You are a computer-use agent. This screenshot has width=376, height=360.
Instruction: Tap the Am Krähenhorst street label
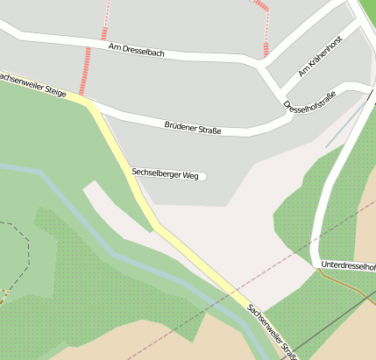point(319,56)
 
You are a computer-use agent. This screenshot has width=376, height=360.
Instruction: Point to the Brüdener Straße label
point(192,129)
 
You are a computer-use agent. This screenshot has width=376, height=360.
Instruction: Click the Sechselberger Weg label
point(165,175)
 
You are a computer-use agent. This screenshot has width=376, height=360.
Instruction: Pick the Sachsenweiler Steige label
point(32,84)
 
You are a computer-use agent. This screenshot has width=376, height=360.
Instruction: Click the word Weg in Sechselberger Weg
point(190,176)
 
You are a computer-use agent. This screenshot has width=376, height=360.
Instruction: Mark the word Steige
point(53,90)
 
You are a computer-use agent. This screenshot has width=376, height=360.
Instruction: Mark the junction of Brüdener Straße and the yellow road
point(90,102)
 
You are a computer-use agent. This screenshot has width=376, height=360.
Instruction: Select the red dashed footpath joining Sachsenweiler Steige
point(87,70)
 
